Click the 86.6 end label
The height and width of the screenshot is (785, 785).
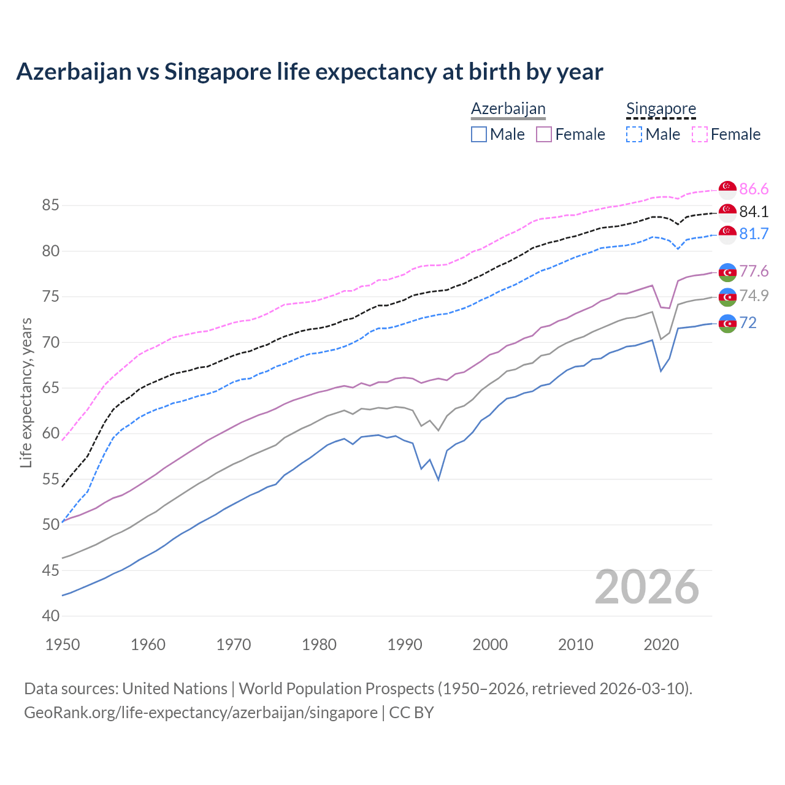(754, 189)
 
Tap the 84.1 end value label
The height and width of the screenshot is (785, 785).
(754, 212)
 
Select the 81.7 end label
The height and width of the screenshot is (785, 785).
(754, 234)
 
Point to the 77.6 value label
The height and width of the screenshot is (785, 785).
(754, 271)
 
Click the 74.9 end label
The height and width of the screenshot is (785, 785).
(754, 296)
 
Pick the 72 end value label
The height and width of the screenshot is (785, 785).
(748, 323)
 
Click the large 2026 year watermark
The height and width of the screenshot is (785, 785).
(647, 587)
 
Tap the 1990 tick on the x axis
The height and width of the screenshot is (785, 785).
(405, 645)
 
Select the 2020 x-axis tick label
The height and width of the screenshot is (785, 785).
(661, 645)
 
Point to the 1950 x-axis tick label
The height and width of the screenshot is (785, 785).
(63, 645)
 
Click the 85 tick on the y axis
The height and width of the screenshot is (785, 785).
(50, 205)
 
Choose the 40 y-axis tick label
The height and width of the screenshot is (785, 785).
(50, 616)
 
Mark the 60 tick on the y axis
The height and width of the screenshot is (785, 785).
(50, 434)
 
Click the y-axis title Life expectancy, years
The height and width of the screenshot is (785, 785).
(26, 392)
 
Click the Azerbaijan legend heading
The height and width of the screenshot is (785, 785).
(508, 109)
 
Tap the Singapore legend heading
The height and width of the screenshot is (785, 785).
(661, 109)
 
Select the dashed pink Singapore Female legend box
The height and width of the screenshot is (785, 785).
(699, 134)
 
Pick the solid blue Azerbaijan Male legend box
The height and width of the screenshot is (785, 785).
(479, 134)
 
